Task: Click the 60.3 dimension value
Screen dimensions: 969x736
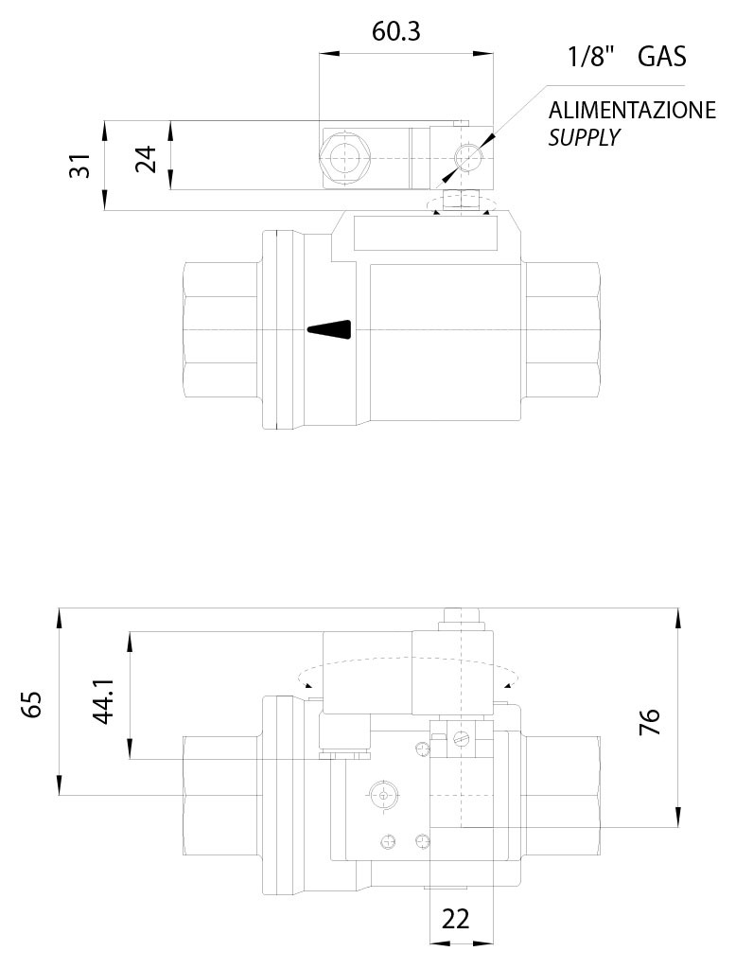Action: [395, 32]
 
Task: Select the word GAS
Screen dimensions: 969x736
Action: [662, 57]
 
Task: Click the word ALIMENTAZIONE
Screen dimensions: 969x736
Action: [632, 111]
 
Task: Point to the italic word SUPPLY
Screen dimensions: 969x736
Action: [584, 137]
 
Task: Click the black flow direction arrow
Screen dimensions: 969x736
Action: [329, 328]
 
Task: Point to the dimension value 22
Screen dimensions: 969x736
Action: [456, 919]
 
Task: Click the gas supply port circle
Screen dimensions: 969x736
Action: [467, 156]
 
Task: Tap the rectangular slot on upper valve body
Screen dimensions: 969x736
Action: [426, 233]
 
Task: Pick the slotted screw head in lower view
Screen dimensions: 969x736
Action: [462, 739]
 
